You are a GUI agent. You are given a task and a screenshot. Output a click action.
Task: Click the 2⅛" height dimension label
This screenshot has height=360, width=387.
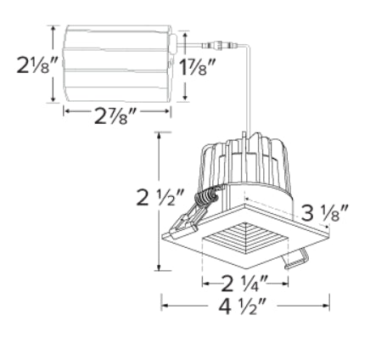(x=37, y=65)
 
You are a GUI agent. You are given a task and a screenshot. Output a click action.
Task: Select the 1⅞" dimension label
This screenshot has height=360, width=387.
(x=197, y=67)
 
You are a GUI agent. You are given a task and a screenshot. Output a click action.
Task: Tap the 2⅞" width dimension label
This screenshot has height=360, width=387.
(x=115, y=116)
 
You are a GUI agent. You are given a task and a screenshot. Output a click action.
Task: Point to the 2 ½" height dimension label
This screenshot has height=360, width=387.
(x=160, y=197)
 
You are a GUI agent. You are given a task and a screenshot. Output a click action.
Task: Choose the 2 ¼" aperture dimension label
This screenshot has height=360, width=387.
(x=244, y=284)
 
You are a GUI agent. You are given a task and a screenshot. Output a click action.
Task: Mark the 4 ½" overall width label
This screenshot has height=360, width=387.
(x=242, y=306)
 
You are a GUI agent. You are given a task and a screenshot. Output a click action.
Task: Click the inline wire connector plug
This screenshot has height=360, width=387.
(x=219, y=45)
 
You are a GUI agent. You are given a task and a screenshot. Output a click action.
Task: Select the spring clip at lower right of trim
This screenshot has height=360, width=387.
(x=297, y=259)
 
